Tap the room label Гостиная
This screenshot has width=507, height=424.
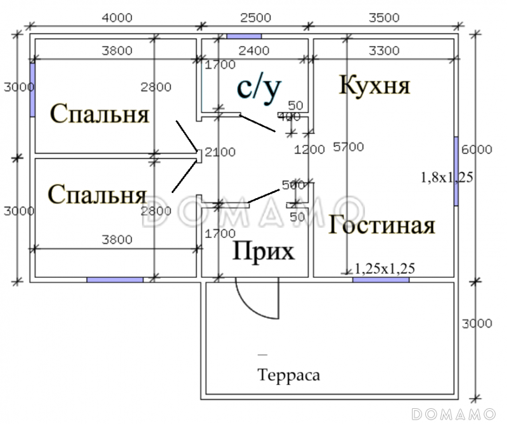(x=382, y=225)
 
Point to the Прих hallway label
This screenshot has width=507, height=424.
(x=264, y=252)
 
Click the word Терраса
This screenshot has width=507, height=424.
(x=288, y=375)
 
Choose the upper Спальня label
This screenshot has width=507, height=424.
(x=99, y=115)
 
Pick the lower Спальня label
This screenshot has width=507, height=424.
(x=97, y=194)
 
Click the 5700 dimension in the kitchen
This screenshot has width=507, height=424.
(x=349, y=147)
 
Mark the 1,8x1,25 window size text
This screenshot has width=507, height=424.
(x=447, y=177)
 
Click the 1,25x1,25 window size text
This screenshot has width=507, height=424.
(x=385, y=269)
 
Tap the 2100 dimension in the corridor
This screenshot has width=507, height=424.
(x=220, y=152)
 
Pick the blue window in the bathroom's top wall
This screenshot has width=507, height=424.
(x=244, y=36)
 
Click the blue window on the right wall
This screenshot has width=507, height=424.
(x=456, y=170)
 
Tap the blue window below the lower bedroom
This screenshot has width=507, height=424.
(x=115, y=279)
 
